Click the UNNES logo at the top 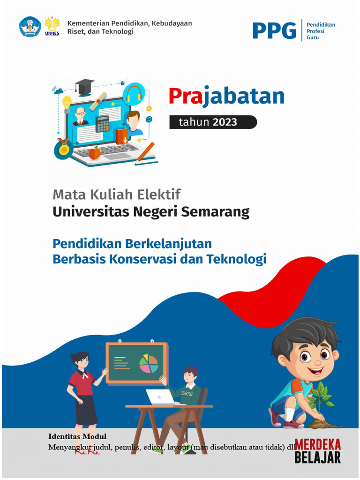[x=52, y=26]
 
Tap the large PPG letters [x=274, y=30]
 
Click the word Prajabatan [x=226, y=96]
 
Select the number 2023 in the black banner [x=225, y=123]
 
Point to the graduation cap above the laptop [x=84, y=86]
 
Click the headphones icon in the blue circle [x=134, y=93]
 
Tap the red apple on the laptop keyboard [x=95, y=153]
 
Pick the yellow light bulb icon [x=67, y=102]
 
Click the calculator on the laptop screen [x=103, y=124]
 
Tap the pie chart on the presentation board [x=149, y=364]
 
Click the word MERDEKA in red [x=318, y=444]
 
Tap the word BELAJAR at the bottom [x=318, y=457]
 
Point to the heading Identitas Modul [x=77, y=436]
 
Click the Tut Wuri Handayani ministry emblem [x=30, y=27]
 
